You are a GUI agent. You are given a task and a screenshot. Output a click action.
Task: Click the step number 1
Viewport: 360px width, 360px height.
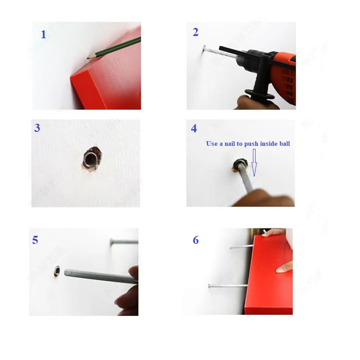[43, 35]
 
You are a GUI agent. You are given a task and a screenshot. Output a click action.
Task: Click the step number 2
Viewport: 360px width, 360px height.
[195, 32]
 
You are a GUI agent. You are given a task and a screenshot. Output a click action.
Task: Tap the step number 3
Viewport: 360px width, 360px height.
[37, 128]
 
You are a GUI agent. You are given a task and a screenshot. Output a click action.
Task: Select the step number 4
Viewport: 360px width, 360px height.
[194, 129]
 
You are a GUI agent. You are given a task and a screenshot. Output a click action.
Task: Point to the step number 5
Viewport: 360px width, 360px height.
[35, 240]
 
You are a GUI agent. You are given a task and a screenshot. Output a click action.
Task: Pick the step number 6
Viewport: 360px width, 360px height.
[196, 240]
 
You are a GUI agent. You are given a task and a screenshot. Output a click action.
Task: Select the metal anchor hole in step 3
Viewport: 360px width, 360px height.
[89, 159]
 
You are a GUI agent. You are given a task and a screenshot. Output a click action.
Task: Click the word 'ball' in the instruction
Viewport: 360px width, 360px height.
[283, 144]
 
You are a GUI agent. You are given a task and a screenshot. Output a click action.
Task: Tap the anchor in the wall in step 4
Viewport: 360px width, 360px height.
[236, 165]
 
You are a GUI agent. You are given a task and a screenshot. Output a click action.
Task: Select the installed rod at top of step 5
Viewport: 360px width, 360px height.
[124, 242]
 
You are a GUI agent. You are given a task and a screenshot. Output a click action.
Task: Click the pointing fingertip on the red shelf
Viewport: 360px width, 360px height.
[279, 269]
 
